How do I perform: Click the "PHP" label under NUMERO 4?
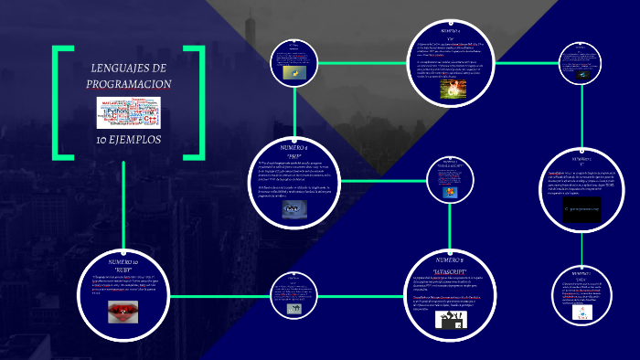click(x=294, y=155)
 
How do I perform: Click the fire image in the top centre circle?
click(x=454, y=89)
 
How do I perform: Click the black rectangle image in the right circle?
click(x=581, y=209)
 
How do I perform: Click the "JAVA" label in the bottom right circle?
click(x=581, y=280)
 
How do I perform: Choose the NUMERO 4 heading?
click(x=294, y=147)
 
